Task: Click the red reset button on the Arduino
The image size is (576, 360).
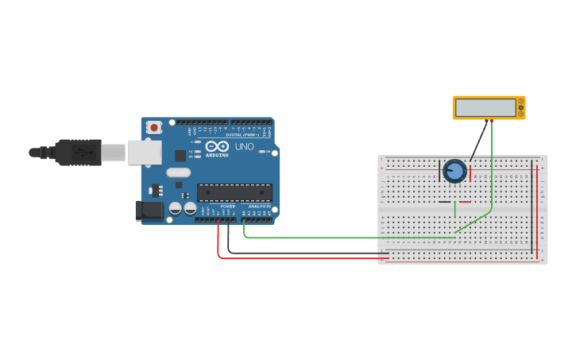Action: (153, 126)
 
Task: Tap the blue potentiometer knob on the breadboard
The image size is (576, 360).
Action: (454, 171)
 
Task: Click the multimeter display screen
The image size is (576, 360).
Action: (485, 107)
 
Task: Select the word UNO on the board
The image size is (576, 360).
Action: (242, 147)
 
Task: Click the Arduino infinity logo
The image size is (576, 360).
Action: (217, 146)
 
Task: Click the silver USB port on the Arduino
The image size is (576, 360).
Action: (144, 153)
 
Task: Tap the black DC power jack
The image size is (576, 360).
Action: (149, 211)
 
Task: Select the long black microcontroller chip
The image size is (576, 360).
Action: (234, 192)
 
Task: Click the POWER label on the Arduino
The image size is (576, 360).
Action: (228, 206)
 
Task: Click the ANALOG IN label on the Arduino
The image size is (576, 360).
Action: (260, 206)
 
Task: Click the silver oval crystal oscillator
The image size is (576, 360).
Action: (179, 172)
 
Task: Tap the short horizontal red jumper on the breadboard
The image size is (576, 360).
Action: (465, 202)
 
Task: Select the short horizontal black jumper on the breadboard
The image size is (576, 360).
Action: (444, 202)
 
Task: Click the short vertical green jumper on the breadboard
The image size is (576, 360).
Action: (454, 209)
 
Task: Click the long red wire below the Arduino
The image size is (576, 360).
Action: (302, 257)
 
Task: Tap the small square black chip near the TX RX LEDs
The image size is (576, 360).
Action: (180, 156)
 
